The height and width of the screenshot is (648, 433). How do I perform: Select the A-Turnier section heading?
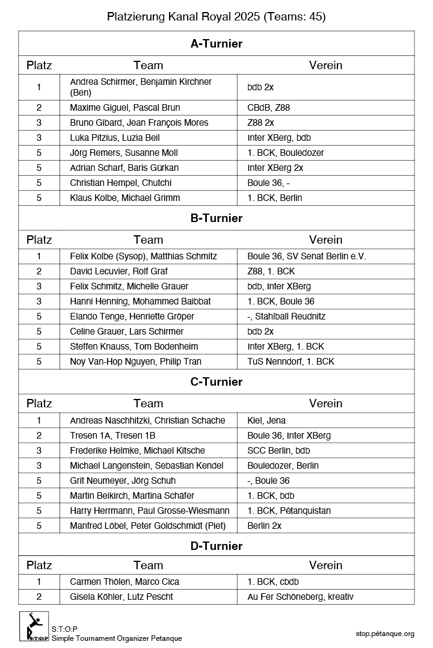(216, 43)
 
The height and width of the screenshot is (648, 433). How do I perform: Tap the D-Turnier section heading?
(216, 546)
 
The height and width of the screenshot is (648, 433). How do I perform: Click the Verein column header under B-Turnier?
(325, 239)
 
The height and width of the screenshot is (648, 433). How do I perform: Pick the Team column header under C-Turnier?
(148, 403)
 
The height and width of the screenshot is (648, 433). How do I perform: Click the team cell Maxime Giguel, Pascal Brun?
(125, 108)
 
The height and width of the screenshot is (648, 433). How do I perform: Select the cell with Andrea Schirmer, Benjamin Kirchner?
(141, 87)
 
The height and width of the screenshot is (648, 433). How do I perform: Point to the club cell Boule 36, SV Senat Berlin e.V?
(307, 256)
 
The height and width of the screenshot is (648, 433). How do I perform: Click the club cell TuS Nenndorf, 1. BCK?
(290, 362)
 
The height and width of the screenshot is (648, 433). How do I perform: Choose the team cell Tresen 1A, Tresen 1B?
(112, 436)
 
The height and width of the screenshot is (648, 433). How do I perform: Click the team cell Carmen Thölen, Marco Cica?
(124, 582)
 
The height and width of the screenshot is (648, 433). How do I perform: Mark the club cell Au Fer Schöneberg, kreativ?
(300, 597)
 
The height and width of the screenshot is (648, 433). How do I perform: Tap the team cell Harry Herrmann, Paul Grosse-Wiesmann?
(150, 511)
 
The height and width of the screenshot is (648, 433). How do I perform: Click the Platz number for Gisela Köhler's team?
(39, 597)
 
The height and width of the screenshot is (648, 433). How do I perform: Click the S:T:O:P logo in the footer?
(34, 626)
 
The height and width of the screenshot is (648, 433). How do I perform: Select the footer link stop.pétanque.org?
(385, 634)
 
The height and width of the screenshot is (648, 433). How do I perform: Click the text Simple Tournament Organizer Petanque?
(117, 638)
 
